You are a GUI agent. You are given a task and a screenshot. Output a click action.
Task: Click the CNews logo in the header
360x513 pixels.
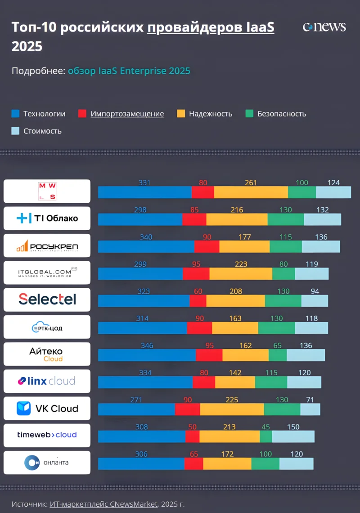pyautogui.click(x=324, y=27)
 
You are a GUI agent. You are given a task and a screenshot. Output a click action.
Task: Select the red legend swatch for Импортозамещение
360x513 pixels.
pyautogui.click(x=82, y=114)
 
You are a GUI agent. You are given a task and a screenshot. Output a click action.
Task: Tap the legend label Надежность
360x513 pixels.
pyautogui.click(x=211, y=114)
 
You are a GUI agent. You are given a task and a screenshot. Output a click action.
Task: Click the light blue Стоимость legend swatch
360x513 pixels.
pyautogui.click(x=15, y=131)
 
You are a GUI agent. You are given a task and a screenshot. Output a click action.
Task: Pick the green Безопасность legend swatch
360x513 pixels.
pyautogui.click(x=249, y=114)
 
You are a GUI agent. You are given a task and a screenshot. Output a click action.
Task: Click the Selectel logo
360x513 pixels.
pyautogui.click(x=47, y=299)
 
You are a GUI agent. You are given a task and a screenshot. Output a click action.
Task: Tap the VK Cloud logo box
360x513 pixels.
pyautogui.click(x=47, y=408)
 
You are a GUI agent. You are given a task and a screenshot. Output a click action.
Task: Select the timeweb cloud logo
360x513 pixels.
pyautogui.click(x=47, y=435)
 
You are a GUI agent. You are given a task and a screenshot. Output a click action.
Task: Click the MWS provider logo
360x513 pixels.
pyautogui.click(x=47, y=191)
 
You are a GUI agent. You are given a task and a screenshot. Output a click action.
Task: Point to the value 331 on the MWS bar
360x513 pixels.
pyautogui.click(x=144, y=183)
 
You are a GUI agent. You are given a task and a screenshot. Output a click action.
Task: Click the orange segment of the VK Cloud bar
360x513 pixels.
pyautogui.click(x=232, y=410)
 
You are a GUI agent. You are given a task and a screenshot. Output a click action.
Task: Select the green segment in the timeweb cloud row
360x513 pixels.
pyautogui.click(x=266, y=437)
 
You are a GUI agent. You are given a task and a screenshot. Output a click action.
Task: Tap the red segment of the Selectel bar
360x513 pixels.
pyautogui.click(x=198, y=301)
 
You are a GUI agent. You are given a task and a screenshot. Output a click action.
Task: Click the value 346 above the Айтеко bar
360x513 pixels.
pyautogui.click(x=147, y=346)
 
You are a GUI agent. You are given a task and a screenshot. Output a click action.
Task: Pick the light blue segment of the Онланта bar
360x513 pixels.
pyautogui.click(x=296, y=464)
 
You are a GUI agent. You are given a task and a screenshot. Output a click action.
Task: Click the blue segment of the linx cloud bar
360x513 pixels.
pyautogui.click(x=145, y=382)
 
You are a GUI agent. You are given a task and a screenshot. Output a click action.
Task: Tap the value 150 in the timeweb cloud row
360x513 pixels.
pyautogui.click(x=293, y=427)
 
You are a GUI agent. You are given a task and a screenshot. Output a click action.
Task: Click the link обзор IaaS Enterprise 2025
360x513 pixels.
pyautogui.click(x=129, y=71)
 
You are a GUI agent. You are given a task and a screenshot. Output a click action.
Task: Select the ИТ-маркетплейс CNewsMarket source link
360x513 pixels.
pyautogui.click(x=103, y=504)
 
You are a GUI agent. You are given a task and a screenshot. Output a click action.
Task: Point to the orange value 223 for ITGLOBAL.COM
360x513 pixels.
pyautogui.click(x=241, y=264)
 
